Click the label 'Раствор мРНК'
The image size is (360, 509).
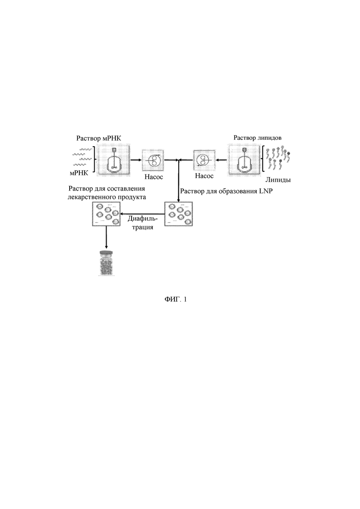click(x=99, y=138)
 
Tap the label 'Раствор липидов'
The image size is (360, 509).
click(x=258, y=138)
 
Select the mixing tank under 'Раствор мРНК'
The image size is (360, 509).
click(x=114, y=161)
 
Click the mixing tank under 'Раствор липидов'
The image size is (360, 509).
click(x=244, y=161)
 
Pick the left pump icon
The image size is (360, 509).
click(x=153, y=160)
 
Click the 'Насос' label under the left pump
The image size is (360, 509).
click(x=154, y=177)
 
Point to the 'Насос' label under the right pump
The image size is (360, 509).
click(x=204, y=176)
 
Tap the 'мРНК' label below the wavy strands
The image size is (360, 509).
click(x=79, y=173)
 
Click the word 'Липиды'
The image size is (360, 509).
click(x=278, y=180)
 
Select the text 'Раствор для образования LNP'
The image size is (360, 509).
click(x=226, y=191)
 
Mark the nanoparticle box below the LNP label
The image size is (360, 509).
click(x=178, y=214)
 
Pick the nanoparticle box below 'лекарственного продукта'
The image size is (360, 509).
click(x=106, y=214)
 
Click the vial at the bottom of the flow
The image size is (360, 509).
click(x=106, y=263)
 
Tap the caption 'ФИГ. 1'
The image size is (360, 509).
click(x=176, y=299)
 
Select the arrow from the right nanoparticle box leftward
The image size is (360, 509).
click(x=142, y=214)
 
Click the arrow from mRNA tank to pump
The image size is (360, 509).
click(x=136, y=160)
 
